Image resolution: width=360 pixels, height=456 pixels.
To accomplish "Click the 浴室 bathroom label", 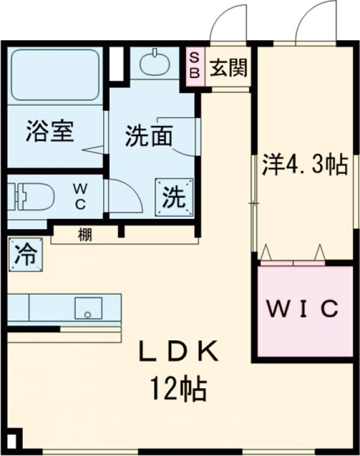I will coord(50,132).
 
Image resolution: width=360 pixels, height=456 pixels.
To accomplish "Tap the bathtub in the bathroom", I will coord(55,74).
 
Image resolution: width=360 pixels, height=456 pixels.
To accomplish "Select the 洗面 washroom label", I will coord(149,137).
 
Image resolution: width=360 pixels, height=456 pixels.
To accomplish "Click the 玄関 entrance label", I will coord(228,68).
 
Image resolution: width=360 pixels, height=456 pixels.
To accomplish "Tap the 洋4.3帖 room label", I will coord(305,164).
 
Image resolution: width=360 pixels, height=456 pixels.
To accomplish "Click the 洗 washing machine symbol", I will coord(175,197).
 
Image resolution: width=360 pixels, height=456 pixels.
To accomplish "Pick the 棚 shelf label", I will coord(85,235).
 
